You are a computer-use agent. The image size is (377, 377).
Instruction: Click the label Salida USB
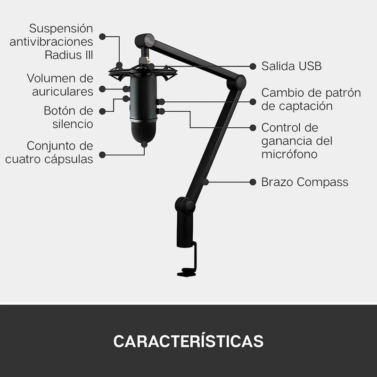coord(291,66)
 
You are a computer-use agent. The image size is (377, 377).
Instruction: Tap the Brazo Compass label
coord(304,182)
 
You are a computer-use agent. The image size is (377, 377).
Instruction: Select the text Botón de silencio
coord(68,117)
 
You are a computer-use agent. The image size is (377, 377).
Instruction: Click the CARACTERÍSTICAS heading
coord(188,340)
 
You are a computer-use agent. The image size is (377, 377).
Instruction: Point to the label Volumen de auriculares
coord(60,85)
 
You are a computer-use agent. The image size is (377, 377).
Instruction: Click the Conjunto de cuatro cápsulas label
coord(49,152)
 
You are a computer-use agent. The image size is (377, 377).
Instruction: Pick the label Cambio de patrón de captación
coord(311,99)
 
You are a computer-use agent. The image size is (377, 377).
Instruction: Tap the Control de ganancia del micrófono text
coord(297,141)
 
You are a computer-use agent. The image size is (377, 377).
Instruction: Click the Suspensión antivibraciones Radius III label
coord(51,41)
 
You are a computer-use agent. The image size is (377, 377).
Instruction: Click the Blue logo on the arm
coord(149,40)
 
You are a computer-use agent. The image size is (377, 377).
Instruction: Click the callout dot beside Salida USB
coord(253,66)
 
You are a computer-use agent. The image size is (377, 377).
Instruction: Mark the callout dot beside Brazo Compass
coord(253,182)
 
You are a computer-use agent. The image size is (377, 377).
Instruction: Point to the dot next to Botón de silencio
coord(102,111)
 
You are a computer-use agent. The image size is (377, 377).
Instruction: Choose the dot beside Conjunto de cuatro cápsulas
coord(102,155)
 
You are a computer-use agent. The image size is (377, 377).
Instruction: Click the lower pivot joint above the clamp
coord(185,205)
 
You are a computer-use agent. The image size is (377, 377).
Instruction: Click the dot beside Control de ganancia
coord(253,128)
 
